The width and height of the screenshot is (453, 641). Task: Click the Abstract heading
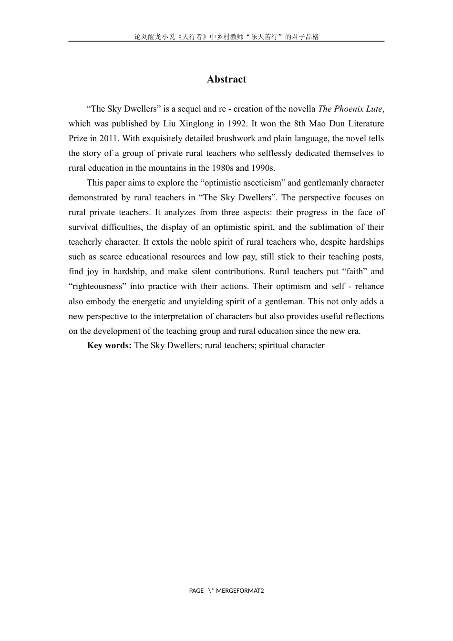coord(226,80)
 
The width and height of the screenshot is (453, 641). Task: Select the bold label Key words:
coord(109,345)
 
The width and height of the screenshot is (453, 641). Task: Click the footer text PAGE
coord(196,591)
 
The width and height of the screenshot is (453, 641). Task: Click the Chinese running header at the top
coord(226,36)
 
